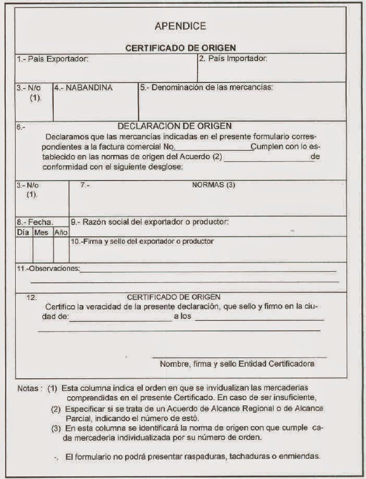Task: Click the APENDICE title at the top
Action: click(x=180, y=26)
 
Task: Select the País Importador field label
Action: click(x=234, y=58)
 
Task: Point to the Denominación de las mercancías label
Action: click(x=206, y=87)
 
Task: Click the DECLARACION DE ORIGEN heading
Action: click(x=175, y=126)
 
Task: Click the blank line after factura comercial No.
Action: click(x=212, y=149)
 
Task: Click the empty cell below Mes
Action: click(x=43, y=249)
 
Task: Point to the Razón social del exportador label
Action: click(x=150, y=222)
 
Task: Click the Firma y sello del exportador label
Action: click(x=142, y=242)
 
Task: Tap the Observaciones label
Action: click(x=48, y=268)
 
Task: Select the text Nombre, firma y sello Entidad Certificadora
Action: click(x=237, y=364)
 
